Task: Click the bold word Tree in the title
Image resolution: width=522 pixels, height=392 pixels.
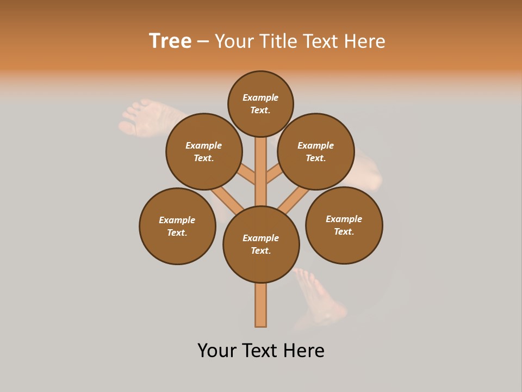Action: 170,41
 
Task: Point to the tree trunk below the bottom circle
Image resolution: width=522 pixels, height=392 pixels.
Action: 261,305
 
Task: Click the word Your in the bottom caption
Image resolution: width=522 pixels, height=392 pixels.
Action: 216,351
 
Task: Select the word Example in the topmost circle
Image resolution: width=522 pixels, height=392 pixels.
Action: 260,98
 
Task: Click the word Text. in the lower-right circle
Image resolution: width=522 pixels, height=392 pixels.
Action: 344,232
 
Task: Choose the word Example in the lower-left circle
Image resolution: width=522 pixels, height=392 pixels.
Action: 177,220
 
